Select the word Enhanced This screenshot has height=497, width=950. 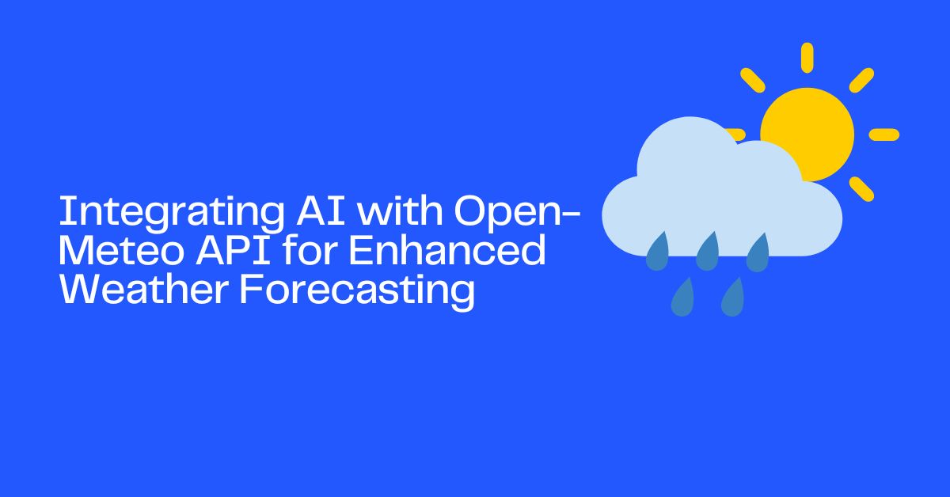447,252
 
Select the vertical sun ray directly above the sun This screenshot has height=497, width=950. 807,57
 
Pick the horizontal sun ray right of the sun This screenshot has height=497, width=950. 883,135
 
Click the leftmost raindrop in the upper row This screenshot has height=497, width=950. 658,252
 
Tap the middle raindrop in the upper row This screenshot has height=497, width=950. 707,252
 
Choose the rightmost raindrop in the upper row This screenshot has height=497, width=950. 757,252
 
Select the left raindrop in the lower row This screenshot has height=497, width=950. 682,298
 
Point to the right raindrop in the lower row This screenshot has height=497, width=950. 732,298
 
